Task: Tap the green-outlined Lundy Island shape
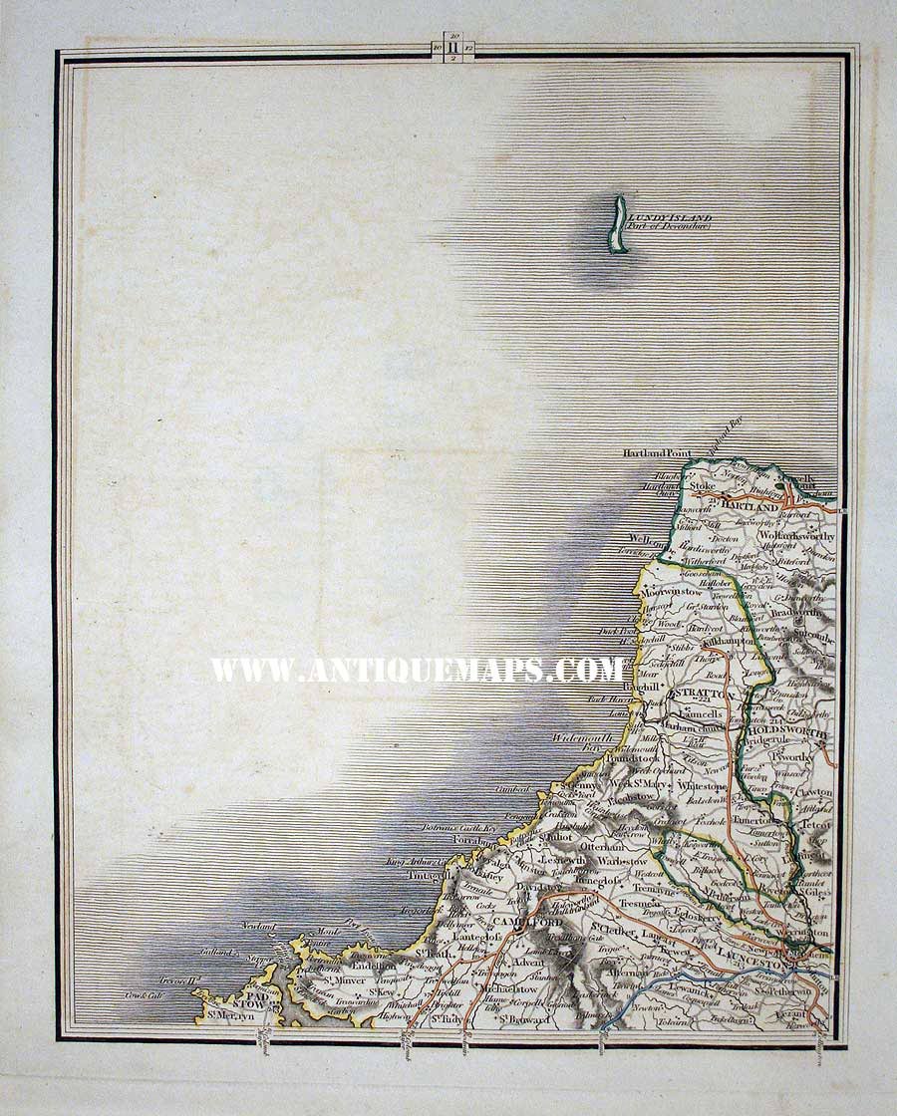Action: coord(619,224)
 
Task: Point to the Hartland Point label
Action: coord(657,453)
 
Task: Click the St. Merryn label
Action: coord(230,1016)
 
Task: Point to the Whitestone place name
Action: coord(702,786)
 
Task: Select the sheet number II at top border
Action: coord(453,45)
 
